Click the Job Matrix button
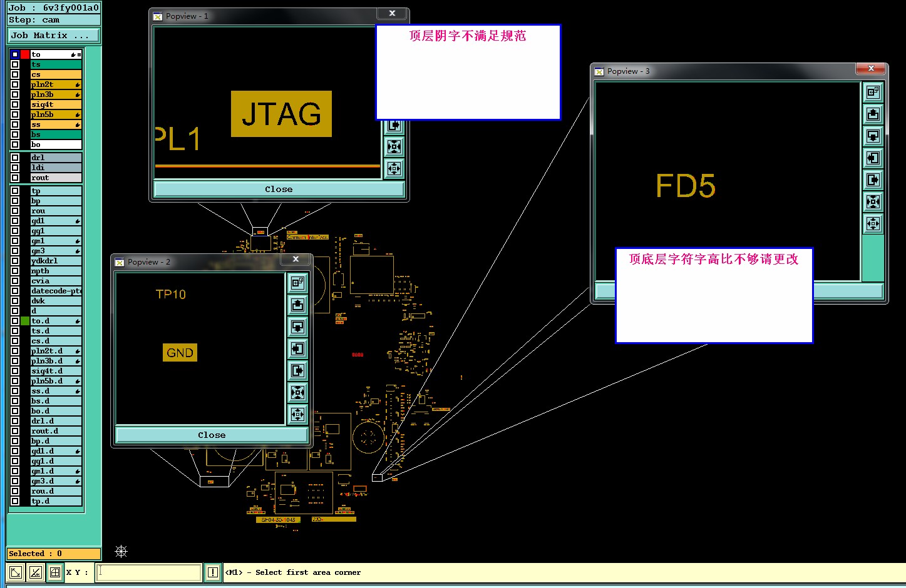point(53,36)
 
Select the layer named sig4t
point(55,104)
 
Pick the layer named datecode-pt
point(56,291)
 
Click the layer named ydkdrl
point(56,261)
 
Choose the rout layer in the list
point(56,178)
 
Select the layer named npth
point(56,271)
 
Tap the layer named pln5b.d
point(56,381)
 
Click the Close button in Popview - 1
point(279,189)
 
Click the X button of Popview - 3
point(871,68)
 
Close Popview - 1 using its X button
point(392,13)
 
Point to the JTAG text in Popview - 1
point(281,114)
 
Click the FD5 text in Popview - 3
point(685,186)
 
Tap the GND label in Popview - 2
point(180,353)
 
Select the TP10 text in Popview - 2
point(170,294)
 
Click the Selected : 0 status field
point(53,554)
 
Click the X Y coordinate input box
point(148,572)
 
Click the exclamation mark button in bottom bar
point(213,572)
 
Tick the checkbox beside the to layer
point(15,54)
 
